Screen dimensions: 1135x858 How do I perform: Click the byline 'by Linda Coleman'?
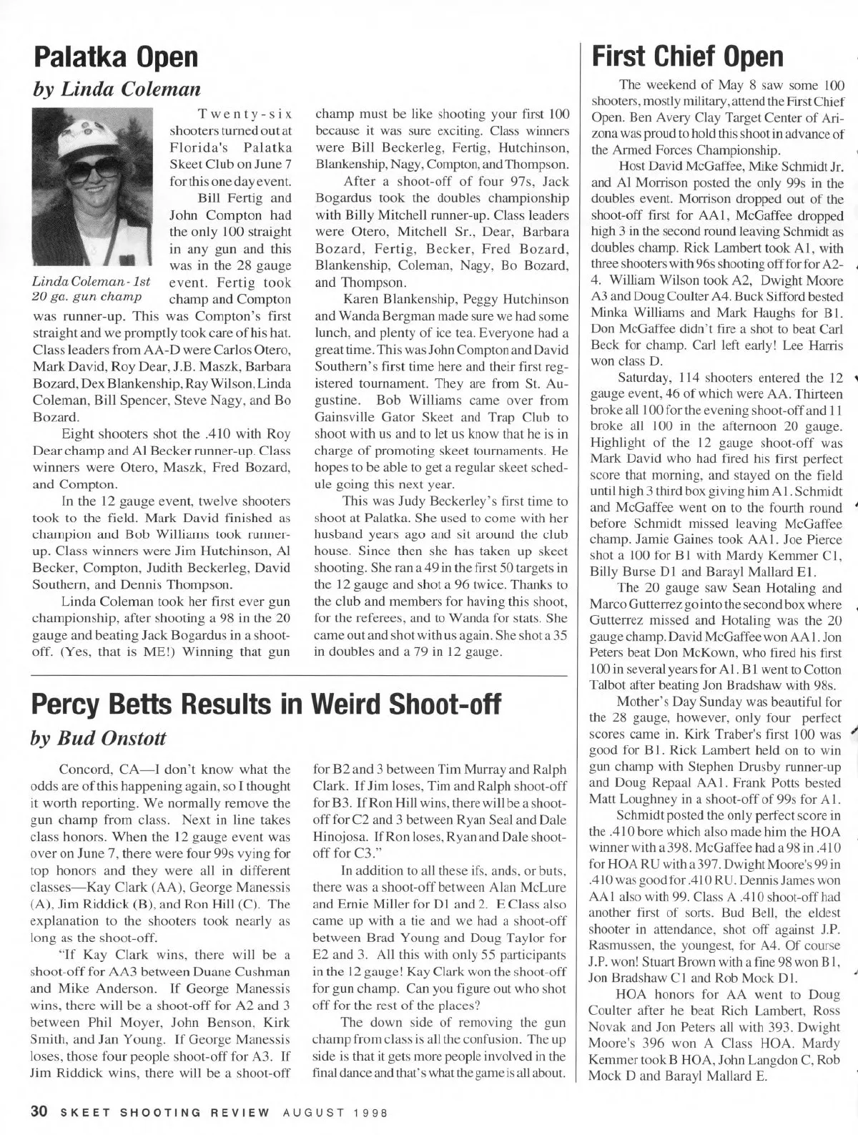point(114,88)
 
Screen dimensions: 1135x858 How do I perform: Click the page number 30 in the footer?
point(38,1112)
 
